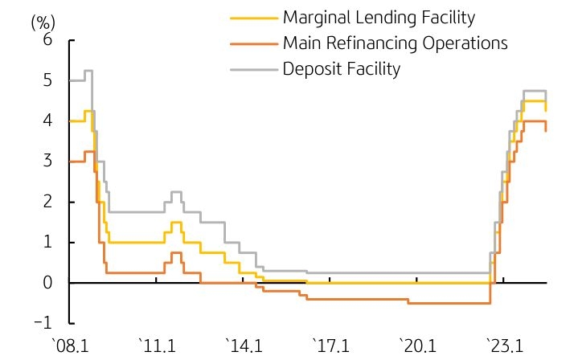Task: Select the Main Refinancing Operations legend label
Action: click(x=395, y=43)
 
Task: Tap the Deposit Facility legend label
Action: click(x=341, y=68)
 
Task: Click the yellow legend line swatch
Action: click(x=253, y=17)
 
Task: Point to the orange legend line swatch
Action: click(x=253, y=43)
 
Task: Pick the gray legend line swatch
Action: click(x=253, y=69)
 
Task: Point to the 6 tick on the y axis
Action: click(x=47, y=40)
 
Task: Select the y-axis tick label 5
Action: click(x=47, y=80)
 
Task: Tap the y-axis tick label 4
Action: click(x=47, y=121)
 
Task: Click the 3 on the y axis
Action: click(x=47, y=162)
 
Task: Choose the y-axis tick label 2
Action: click(x=47, y=202)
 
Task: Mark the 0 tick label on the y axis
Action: click(x=47, y=283)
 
